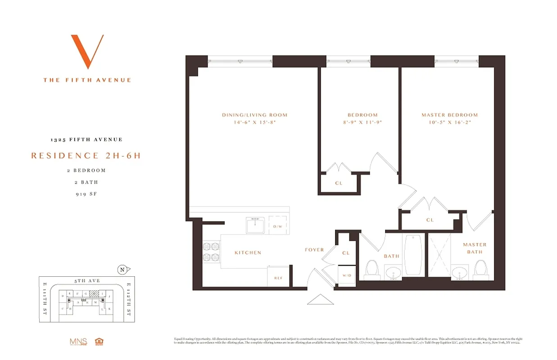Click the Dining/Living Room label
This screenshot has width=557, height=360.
(x=254, y=115)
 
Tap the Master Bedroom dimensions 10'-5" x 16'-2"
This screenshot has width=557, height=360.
(x=449, y=122)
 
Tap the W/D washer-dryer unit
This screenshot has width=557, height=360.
(x=346, y=274)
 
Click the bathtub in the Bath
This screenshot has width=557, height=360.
(x=413, y=256)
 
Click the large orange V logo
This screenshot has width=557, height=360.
(x=87, y=51)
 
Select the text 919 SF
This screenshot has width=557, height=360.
(x=86, y=194)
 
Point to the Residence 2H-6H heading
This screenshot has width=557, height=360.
(x=86, y=156)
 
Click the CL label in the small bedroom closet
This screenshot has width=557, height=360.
(x=339, y=183)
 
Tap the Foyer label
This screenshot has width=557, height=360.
(x=314, y=250)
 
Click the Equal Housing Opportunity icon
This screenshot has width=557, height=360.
(x=99, y=342)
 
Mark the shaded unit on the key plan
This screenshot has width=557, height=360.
(x=94, y=293)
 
